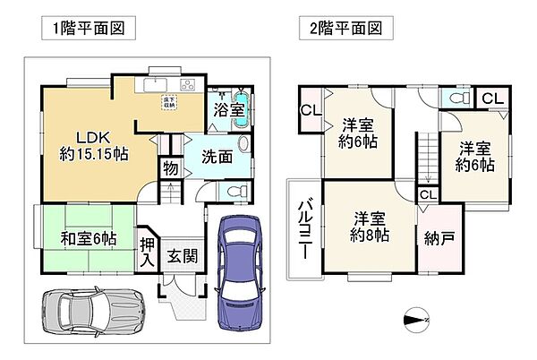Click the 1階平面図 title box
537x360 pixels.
[x=88, y=29]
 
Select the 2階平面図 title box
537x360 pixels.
[x=339, y=29]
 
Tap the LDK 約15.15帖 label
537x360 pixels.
[x=93, y=145]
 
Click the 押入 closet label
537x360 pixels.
[x=147, y=247]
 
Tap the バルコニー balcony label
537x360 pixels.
[x=303, y=229]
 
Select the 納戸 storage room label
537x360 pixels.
[x=439, y=239]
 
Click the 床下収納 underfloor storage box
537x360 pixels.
[x=168, y=102]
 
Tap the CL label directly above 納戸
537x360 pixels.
[x=428, y=194]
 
